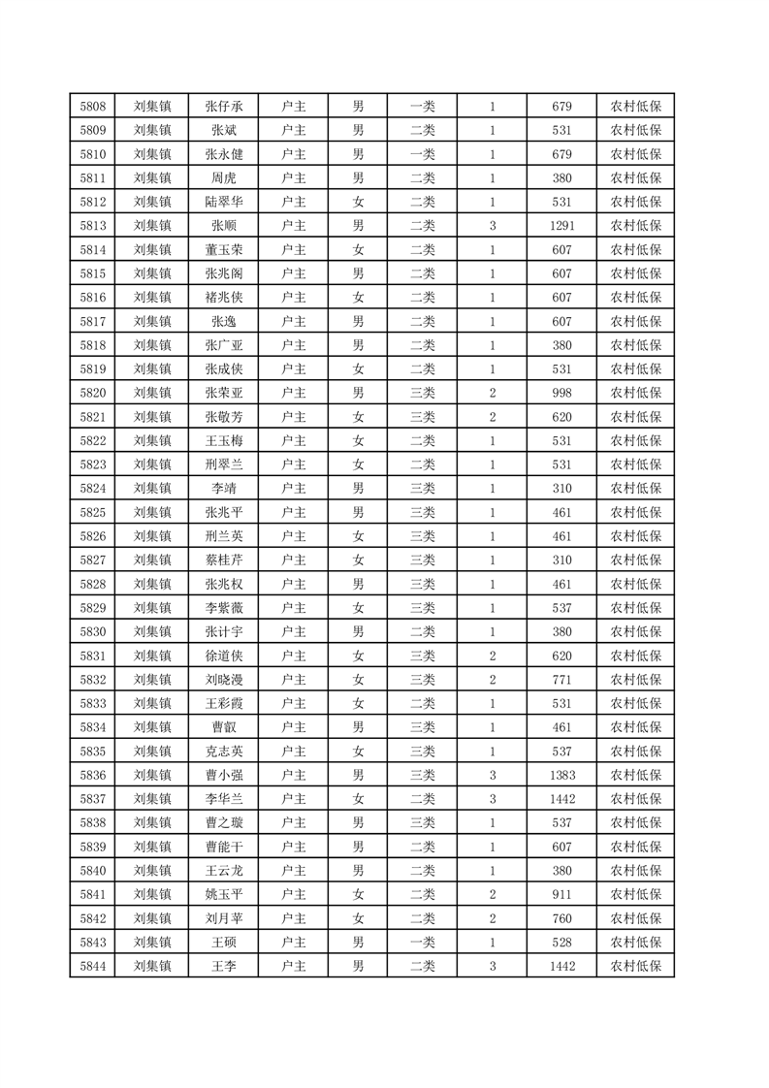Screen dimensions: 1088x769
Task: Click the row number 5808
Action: (93, 107)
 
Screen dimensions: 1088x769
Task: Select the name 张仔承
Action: (224, 107)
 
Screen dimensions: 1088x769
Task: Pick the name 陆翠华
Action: (224, 202)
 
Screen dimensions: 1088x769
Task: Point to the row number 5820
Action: (93, 393)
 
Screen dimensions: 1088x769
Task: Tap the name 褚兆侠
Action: (224, 298)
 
